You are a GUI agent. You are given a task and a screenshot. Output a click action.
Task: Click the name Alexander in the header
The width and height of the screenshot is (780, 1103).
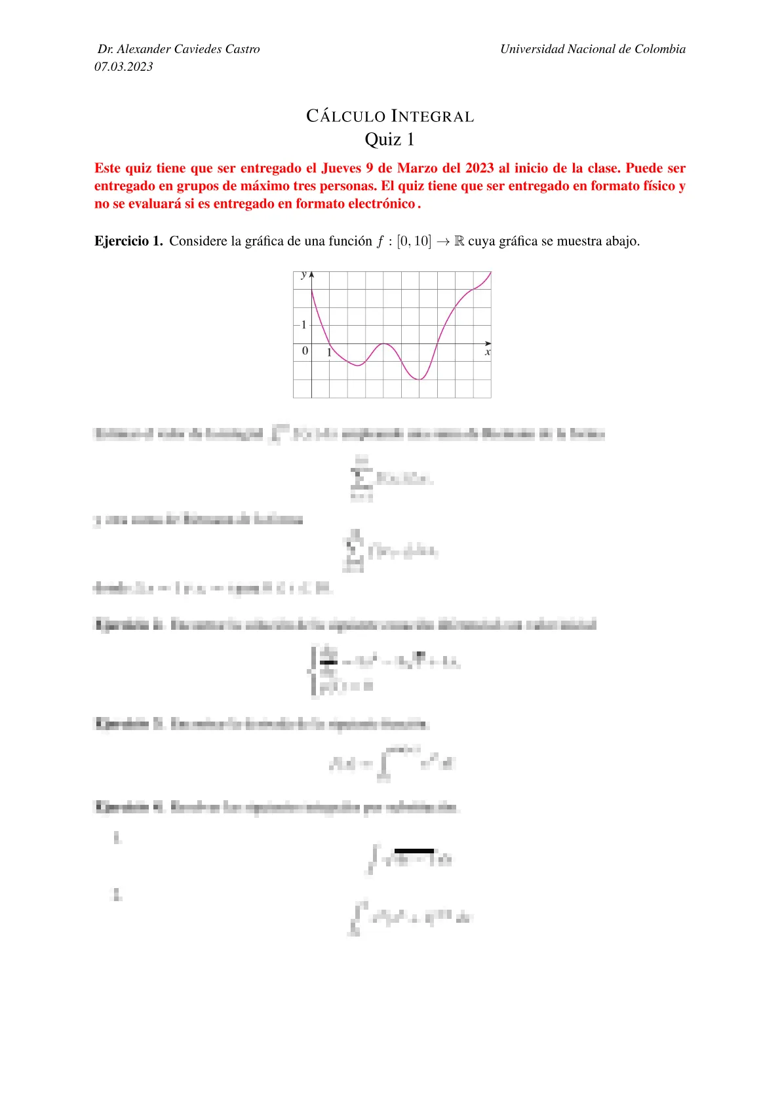click(144, 49)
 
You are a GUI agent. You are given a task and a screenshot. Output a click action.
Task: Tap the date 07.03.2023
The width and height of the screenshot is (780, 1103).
click(124, 66)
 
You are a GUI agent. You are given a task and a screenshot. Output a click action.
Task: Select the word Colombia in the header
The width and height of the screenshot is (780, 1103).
click(660, 49)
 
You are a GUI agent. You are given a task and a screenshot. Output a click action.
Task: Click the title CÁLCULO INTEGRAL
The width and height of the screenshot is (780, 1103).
click(390, 117)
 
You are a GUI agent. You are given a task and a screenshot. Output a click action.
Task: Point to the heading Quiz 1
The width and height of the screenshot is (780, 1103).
click(390, 140)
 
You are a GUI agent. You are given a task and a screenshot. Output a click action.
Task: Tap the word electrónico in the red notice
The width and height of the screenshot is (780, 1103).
click(380, 204)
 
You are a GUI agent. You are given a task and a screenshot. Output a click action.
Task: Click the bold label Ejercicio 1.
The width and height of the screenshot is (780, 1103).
click(128, 241)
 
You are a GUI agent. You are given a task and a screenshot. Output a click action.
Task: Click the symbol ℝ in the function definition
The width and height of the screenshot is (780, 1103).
click(459, 241)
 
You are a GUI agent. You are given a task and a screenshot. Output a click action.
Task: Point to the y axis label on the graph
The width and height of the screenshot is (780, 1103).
click(303, 275)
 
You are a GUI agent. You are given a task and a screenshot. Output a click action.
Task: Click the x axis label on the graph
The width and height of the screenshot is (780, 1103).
click(488, 353)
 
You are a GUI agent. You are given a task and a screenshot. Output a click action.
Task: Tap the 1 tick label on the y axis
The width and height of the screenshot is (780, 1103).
click(303, 324)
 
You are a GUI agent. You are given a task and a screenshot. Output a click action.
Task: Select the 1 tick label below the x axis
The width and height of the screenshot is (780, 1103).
click(329, 353)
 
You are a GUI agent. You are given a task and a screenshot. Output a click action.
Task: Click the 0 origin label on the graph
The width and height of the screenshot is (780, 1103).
click(305, 351)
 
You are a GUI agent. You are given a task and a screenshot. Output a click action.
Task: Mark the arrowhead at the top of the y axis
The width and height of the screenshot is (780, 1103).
click(311, 275)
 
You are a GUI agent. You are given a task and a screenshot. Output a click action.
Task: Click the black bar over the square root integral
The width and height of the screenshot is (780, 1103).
click(414, 851)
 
